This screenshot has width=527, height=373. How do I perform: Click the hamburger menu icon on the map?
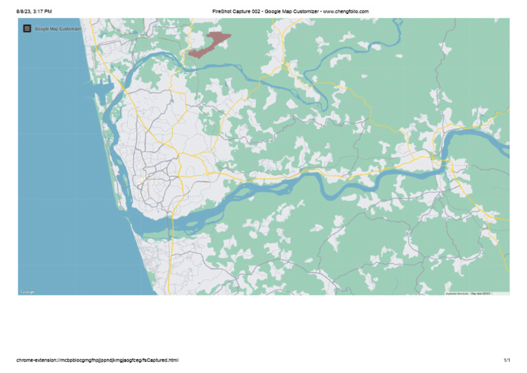tap(27, 28)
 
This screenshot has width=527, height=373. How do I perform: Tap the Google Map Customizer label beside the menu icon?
tap(58, 29)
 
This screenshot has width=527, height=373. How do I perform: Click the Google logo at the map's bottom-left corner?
tap(27, 292)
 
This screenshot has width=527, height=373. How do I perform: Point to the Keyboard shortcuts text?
tap(457, 293)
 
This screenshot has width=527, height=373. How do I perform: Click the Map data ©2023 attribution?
tap(480, 293)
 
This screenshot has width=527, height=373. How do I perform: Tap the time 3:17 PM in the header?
tap(43, 12)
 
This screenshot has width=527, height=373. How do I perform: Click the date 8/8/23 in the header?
tap(24, 12)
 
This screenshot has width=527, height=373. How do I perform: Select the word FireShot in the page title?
tap(223, 12)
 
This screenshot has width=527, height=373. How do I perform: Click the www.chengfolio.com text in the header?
tap(346, 12)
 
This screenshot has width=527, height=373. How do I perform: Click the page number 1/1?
tap(506, 360)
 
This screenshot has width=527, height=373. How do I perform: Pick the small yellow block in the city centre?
tap(139, 180)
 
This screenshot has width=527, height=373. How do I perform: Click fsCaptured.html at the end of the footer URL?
tap(163, 360)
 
